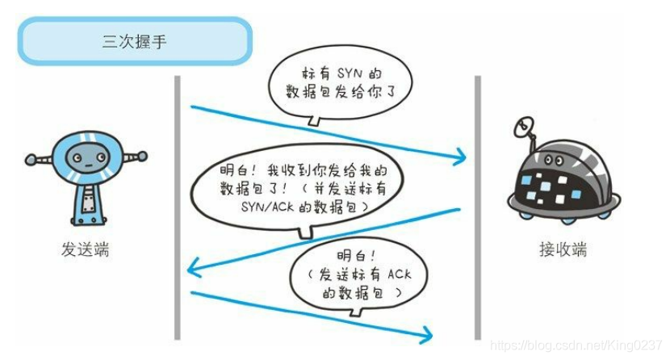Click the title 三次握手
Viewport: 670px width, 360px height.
(x=134, y=41)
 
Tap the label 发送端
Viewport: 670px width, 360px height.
(x=83, y=249)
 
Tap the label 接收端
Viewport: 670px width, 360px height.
(x=563, y=249)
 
